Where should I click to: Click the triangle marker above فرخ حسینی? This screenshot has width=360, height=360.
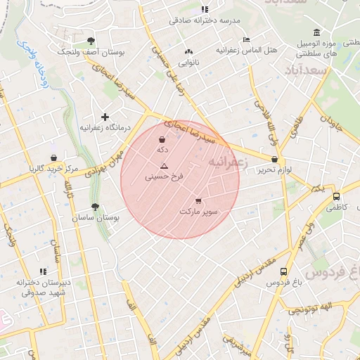[164, 166]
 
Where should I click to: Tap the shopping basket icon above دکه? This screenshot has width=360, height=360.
[162, 139]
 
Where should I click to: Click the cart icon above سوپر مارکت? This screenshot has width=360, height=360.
[198, 200]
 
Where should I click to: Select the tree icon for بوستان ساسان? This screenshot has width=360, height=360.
[95, 207]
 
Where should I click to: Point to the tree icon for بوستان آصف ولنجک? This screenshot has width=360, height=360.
[91, 40]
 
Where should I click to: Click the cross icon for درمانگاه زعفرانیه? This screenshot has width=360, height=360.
[105, 116]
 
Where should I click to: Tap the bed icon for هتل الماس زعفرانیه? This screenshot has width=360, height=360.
[245, 39]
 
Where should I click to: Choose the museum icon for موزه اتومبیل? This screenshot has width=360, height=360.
[316, 32]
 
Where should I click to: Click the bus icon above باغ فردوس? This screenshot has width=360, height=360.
[283, 271]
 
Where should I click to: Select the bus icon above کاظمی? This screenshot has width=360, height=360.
[337, 197]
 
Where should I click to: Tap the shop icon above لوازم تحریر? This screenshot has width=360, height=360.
[274, 160]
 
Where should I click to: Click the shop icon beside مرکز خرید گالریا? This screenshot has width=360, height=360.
[53, 158]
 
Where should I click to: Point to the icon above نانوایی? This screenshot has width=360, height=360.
[188, 52]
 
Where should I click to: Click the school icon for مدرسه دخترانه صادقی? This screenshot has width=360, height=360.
[205, 9]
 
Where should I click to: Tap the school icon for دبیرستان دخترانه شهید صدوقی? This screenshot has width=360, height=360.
[43, 271]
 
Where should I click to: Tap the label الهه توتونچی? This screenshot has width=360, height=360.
[308, 309]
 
